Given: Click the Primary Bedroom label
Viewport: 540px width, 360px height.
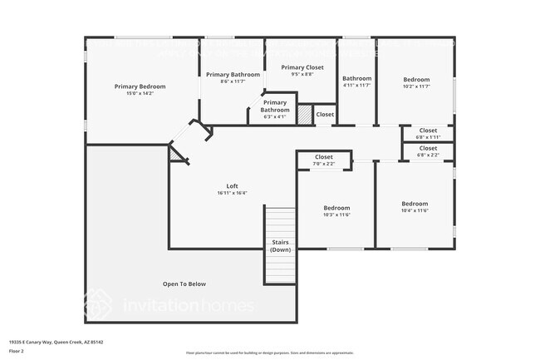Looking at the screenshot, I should pos(140,86).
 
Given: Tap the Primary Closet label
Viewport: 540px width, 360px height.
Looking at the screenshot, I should pos(302,67).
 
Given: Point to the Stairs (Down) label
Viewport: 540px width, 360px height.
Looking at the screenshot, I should pos(281,246).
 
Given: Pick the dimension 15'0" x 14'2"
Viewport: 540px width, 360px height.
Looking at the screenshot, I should pos(140,94).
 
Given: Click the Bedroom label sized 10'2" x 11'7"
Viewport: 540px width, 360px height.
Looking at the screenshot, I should pos(416,79).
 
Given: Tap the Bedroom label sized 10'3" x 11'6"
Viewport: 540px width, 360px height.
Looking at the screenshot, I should pos(336,208).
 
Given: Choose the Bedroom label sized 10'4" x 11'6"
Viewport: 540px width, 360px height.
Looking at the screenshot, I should pos(415,204).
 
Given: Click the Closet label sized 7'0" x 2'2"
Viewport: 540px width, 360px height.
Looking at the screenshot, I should pos(324,156).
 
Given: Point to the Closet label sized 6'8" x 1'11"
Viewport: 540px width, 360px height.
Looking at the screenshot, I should pos(428,130).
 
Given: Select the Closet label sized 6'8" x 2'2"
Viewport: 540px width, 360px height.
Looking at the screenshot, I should pos(428,148).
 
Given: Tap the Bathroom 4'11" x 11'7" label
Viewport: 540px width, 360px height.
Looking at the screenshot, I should pos(356,78).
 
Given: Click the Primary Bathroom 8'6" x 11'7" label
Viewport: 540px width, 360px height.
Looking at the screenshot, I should pos(233,74).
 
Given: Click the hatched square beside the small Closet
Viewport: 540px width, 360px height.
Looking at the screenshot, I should pos(305,114).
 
